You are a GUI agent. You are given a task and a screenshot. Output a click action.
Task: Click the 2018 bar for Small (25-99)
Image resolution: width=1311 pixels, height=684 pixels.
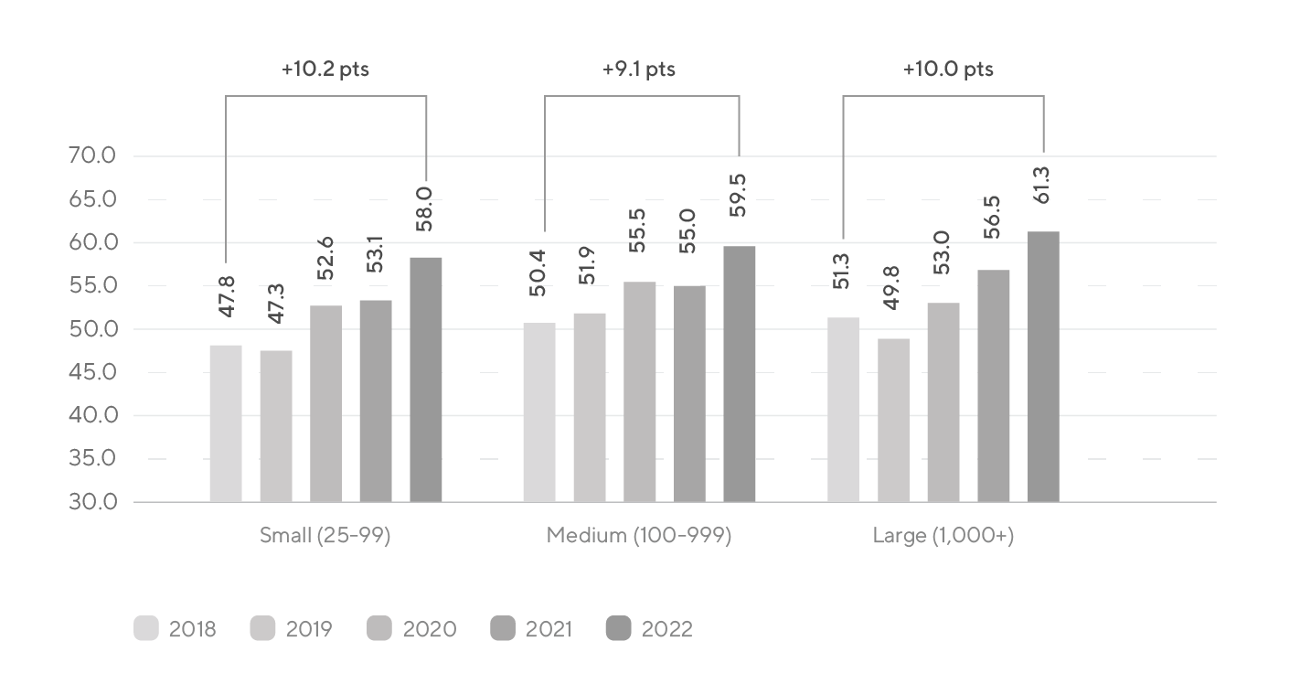point(226,423)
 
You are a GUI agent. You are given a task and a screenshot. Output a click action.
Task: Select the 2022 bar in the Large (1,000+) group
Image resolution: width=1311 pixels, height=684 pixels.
point(1043,367)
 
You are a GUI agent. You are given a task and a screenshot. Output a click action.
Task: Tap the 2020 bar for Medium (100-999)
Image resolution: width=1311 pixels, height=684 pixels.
point(639,391)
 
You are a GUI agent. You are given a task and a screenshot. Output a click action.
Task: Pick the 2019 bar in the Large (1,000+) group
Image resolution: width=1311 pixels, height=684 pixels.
point(893,420)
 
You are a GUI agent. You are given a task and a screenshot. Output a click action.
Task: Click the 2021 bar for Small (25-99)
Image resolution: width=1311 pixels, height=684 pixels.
point(376,401)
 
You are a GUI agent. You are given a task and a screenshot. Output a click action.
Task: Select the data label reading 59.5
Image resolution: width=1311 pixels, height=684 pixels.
point(739,198)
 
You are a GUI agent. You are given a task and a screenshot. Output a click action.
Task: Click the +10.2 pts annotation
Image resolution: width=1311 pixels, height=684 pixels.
point(325,69)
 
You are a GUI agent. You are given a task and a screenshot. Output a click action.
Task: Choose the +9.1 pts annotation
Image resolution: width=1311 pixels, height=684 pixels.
point(639,69)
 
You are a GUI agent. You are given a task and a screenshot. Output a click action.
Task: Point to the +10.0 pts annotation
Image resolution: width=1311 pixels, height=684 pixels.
point(948,69)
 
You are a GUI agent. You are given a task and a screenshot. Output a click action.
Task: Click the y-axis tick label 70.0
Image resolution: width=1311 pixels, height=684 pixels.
point(91,156)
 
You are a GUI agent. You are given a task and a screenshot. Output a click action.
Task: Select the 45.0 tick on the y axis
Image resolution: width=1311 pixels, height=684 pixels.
point(91,372)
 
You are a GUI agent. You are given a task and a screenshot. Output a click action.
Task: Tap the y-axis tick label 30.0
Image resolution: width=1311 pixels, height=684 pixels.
point(91,502)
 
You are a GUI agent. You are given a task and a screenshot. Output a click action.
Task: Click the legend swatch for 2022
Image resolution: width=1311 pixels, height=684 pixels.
point(619,629)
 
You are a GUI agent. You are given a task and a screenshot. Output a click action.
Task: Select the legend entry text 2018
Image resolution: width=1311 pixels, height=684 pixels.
point(192,629)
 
